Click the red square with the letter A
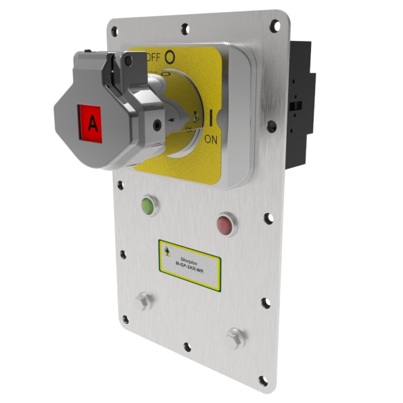(89, 122)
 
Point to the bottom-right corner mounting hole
(263, 381)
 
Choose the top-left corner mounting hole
(115, 30)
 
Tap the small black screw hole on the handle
(156, 124)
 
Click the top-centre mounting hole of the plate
(185, 28)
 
